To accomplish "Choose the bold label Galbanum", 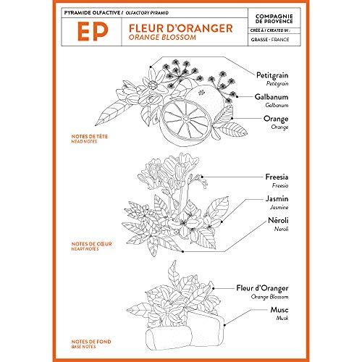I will tap(274, 96).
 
